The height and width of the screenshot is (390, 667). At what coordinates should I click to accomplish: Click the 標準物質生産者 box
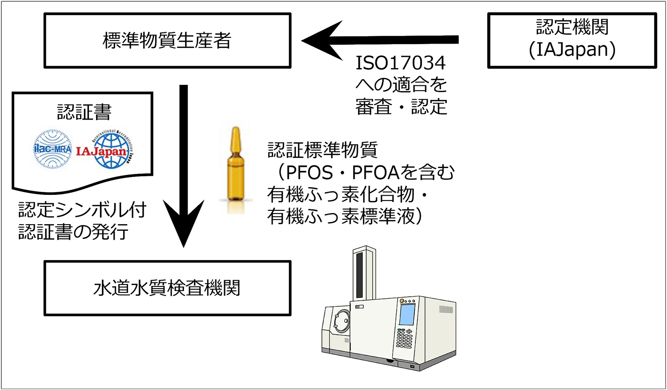click(x=167, y=40)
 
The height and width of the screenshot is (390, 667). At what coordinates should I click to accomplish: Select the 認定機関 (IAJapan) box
click(x=572, y=40)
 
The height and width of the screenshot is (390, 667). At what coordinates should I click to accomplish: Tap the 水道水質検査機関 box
click(x=167, y=288)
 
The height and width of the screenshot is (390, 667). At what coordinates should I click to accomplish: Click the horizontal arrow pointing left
click(x=378, y=40)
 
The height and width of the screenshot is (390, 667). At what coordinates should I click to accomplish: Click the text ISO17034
click(x=400, y=63)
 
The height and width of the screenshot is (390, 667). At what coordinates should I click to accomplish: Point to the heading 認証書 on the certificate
click(x=84, y=112)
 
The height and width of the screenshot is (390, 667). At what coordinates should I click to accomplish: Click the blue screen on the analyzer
click(x=407, y=314)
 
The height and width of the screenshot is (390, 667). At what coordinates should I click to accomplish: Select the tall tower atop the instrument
click(x=364, y=273)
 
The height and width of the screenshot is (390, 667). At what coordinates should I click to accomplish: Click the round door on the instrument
click(x=342, y=321)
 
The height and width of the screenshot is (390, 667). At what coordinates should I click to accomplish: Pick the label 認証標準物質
click(x=322, y=150)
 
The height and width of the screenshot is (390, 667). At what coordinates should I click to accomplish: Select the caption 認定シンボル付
click(x=82, y=210)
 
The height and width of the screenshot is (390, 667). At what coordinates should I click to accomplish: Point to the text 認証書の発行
click(x=73, y=232)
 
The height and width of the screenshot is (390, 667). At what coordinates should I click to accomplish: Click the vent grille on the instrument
click(x=446, y=310)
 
